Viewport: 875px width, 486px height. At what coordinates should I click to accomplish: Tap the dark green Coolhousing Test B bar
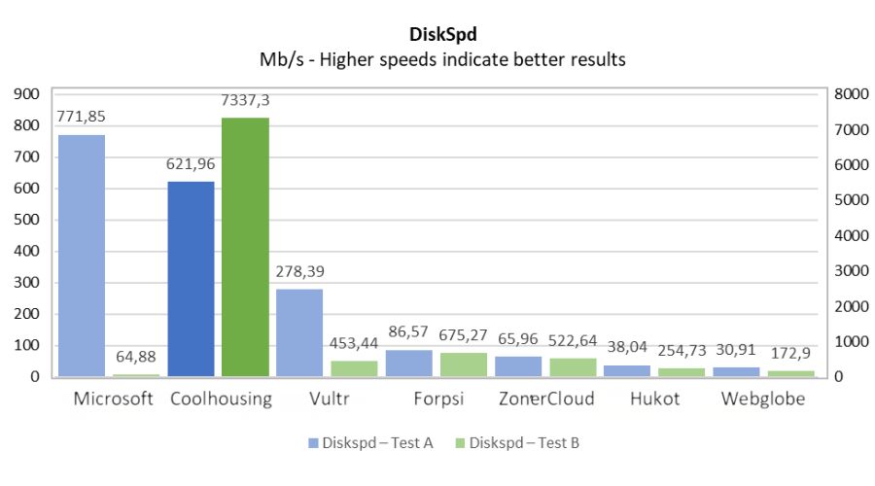tap(245, 247)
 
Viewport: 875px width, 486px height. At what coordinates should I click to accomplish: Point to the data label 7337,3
tap(246, 101)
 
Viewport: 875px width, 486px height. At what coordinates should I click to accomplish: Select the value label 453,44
tap(354, 342)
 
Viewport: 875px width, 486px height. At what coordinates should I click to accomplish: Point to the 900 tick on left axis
tap(25, 94)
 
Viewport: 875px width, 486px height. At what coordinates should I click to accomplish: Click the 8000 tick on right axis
tap(844, 94)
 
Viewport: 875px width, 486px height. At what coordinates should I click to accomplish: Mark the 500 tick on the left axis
tap(25, 220)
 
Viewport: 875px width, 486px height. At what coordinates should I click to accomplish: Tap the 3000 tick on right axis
tap(844, 271)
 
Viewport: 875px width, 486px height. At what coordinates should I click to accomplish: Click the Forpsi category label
tap(435, 399)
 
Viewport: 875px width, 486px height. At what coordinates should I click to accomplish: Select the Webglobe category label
tap(763, 399)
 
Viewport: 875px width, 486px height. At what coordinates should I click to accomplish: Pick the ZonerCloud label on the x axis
tap(545, 399)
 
